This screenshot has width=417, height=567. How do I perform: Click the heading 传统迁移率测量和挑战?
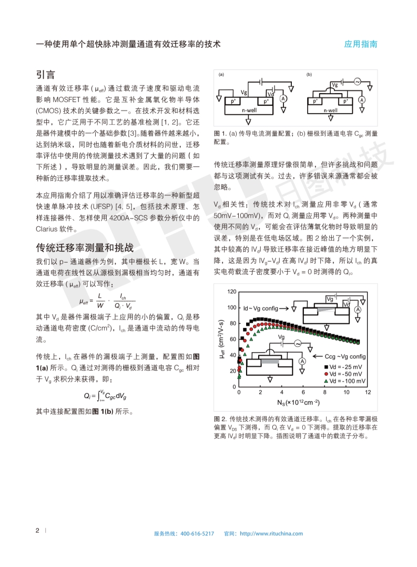point(85,247)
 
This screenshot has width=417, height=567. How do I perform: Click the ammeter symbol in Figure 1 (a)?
point(282,98)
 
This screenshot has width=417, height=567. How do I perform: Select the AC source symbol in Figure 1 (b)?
point(357,82)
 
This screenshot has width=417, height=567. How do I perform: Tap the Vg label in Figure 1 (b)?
point(334,84)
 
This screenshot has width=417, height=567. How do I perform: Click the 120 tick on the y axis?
point(231,292)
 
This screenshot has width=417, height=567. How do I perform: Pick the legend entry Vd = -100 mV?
point(348,380)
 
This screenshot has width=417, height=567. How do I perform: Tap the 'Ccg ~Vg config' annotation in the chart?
point(345,356)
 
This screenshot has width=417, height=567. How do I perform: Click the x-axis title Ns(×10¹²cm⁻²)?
point(298,403)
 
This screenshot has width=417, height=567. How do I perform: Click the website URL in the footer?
point(271,533)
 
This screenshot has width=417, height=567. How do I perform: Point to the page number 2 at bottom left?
point(37,530)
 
